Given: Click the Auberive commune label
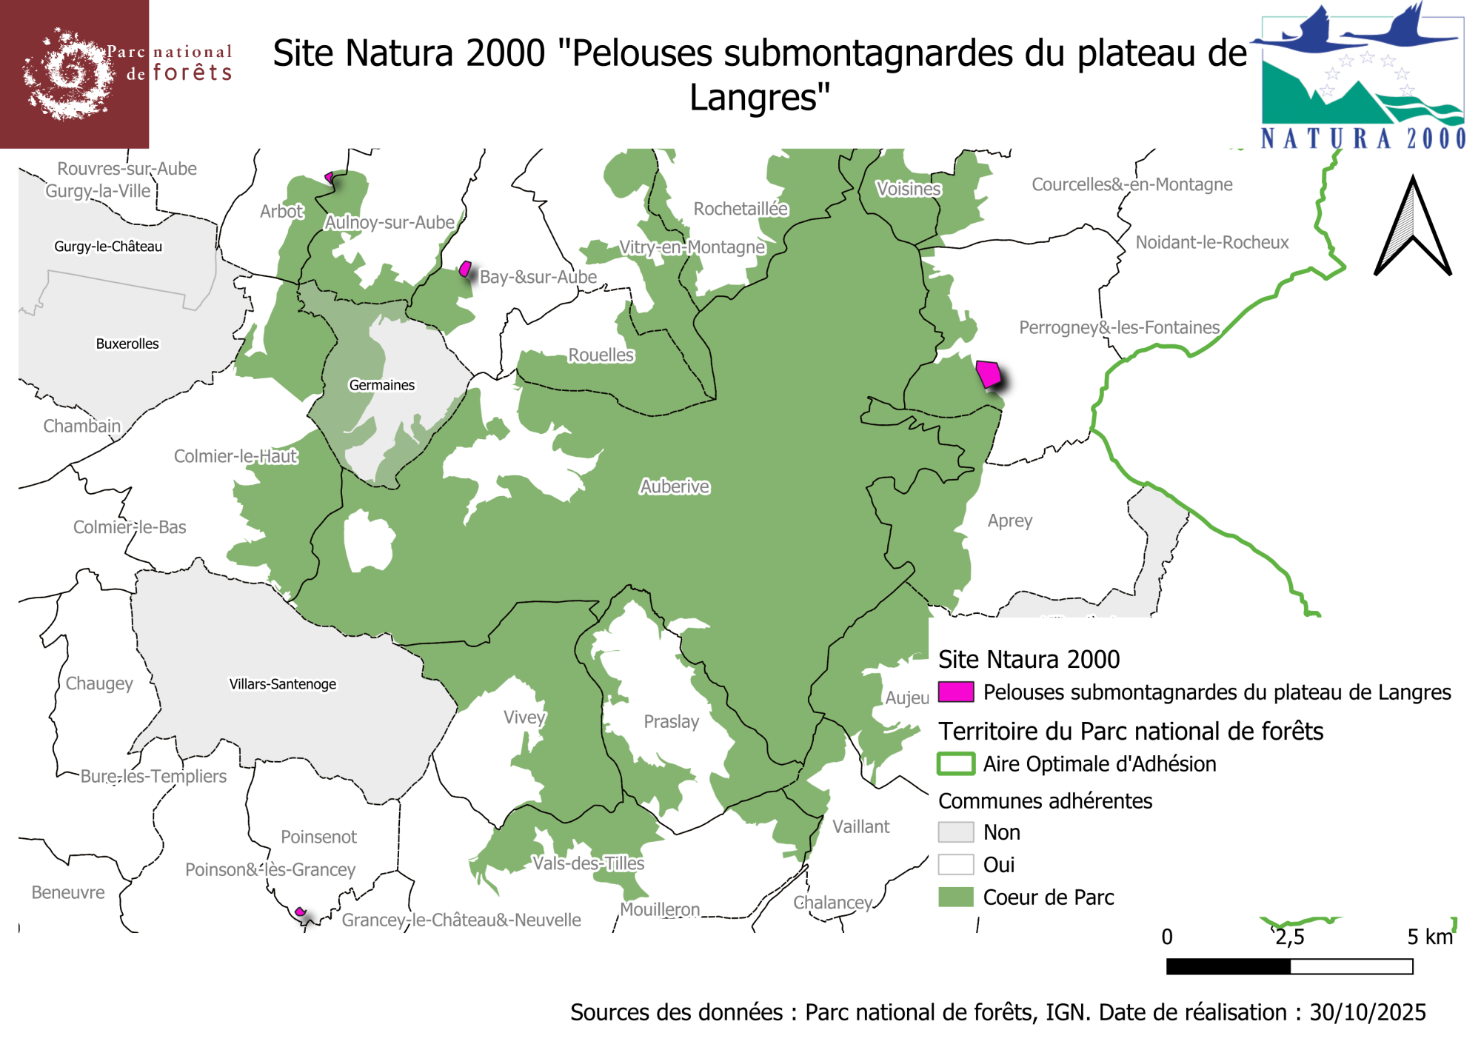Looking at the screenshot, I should pos(675,486).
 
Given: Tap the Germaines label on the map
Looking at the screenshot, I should pos(381,385).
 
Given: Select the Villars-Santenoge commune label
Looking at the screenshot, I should pos(282,684).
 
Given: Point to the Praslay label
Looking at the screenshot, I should pos(671,721).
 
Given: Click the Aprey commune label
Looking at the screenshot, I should pos(1009,521).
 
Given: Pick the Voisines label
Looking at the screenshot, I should pos(908,189).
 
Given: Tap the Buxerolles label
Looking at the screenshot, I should pos(127,344).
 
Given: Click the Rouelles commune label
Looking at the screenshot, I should pos(601,355).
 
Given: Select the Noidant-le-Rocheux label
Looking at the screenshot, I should pos(1212,242).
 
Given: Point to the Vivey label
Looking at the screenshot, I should pos(524,717).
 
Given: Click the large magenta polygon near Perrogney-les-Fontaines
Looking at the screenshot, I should pos(989,374).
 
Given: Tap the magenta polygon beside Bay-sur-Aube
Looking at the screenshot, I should pos(465,269).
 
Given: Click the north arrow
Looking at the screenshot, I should pos(1412,230).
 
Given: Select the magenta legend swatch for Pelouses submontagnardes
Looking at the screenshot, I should pos(955,692).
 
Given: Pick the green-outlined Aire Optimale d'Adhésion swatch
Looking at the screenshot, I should pos(955,763).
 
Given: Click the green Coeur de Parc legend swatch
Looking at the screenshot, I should pos(955,897).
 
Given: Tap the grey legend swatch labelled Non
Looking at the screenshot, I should pos(955,832).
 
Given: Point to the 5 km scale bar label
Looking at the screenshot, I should pos(1429,937).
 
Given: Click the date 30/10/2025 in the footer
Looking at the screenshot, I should pos(1367,1012).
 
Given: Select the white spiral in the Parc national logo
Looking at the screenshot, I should pos(70,74).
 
